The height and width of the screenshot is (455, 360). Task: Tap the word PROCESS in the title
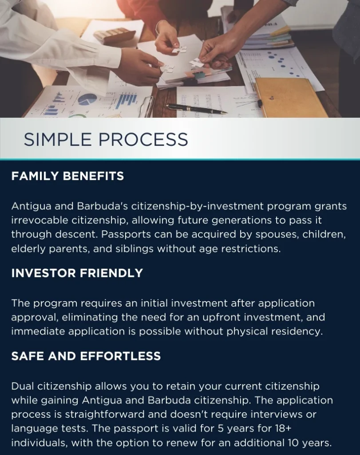(143, 139)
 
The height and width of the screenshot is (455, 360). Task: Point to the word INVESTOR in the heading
(43, 273)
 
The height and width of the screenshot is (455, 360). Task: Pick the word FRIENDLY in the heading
(111, 273)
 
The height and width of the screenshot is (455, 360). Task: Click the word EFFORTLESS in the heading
(120, 356)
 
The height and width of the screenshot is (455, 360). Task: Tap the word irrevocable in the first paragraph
(40, 220)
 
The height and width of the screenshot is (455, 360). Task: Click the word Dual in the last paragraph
(23, 386)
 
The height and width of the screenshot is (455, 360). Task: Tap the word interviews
(278, 414)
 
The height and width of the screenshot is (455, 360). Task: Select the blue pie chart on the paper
(87, 99)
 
